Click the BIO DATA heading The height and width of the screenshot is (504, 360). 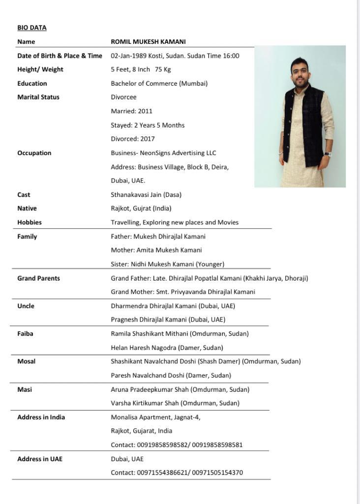[32, 28]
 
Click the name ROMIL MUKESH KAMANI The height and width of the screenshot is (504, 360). [148, 42]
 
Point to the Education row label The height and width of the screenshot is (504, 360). [32, 83]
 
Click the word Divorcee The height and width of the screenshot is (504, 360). [123, 97]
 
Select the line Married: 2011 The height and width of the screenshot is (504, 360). [131, 111]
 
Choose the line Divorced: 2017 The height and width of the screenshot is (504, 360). [133, 139]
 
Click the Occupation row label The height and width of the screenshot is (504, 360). [34, 153]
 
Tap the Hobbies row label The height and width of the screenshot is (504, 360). [30, 222]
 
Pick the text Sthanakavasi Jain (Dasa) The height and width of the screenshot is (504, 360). [146, 194]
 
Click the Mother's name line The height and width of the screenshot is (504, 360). [156, 250]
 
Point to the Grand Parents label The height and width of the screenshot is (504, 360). [38, 278]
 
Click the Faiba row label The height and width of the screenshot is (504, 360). [25, 333]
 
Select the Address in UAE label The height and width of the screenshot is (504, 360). [40, 459]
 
